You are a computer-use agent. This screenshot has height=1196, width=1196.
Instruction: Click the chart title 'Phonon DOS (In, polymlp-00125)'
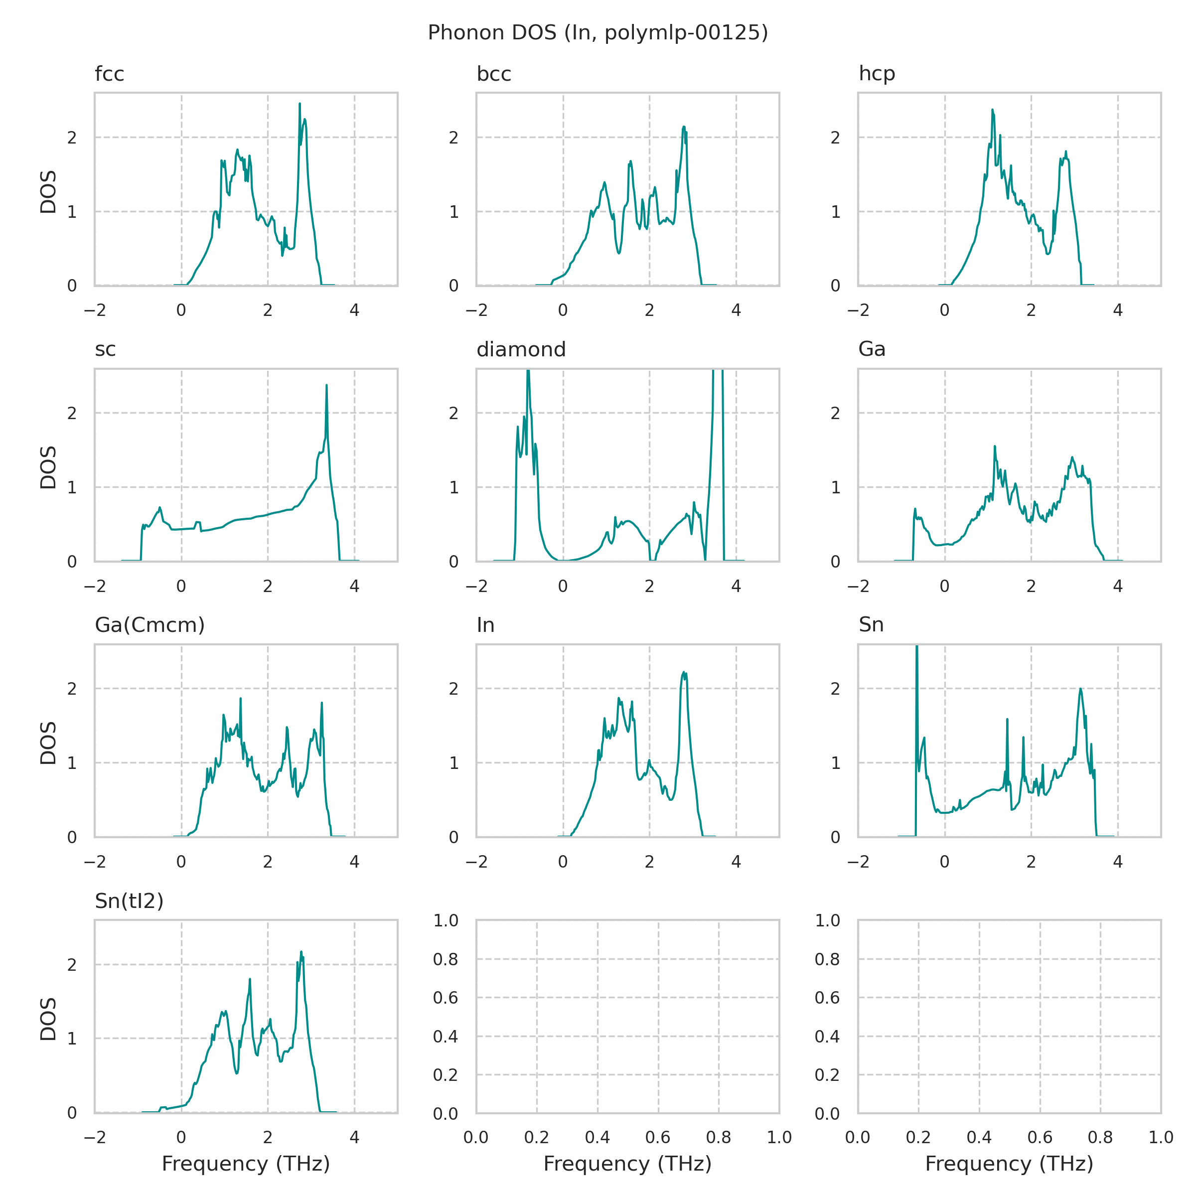click(x=598, y=33)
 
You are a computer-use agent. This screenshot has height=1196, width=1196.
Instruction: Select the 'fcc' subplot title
click(x=110, y=74)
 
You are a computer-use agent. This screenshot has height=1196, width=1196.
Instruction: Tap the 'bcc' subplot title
click(x=493, y=74)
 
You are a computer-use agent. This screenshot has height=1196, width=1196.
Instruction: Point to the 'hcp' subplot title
click(x=877, y=74)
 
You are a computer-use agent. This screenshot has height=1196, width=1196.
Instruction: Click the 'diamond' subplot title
click(x=521, y=350)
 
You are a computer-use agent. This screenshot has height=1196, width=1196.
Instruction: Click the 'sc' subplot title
click(x=105, y=350)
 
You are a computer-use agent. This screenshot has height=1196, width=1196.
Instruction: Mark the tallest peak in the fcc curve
click(x=299, y=104)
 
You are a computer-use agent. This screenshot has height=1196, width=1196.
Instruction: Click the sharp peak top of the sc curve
click(x=326, y=385)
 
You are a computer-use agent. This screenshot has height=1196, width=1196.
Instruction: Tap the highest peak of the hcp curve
click(x=992, y=110)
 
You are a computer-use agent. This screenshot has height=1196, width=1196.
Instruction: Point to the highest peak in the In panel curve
click(x=684, y=672)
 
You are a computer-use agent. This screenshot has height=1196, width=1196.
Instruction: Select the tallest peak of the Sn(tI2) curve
click(x=301, y=952)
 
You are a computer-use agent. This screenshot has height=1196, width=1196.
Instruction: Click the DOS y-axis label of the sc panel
click(x=48, y=467)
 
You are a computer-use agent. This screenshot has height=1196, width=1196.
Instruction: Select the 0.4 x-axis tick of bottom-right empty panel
click(x=979, y=1137)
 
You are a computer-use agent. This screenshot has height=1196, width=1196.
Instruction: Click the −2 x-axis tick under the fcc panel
click(x=95, y=311)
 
